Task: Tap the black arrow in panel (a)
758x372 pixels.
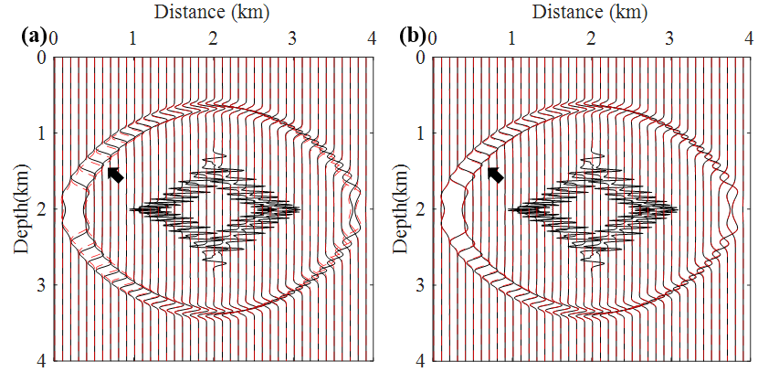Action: (115, 175)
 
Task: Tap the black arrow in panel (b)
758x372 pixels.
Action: (494, 174)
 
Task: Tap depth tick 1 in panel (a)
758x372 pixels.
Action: (41, 133)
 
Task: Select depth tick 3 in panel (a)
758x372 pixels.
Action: (41, 285)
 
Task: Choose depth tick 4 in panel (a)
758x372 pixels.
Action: (41, 361)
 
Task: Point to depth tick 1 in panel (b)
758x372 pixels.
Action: (419, 133)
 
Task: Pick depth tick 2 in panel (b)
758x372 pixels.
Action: (419, 209)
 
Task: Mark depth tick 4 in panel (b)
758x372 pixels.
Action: (419, 361)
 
